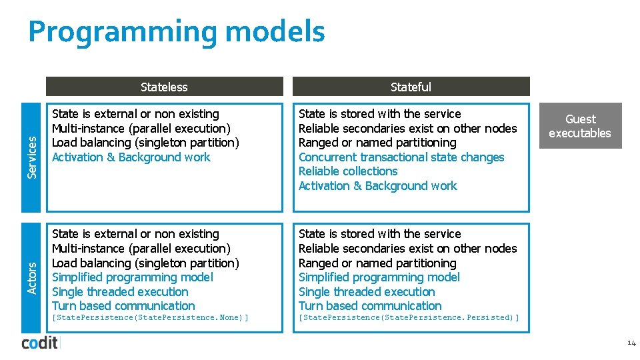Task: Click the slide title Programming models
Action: pos(177,32)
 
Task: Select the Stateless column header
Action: pos(164,87)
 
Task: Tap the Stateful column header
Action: pos(411,87)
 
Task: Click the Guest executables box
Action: pos(580,126)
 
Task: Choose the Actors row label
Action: pos(31,277)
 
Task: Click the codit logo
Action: pos(40,343)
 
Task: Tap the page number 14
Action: pos(631,343)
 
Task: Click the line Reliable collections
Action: pos(348,171)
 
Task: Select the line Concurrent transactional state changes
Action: pos(401,157)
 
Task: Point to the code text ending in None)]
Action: pos(150,318)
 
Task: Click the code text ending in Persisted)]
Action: pos(409,318)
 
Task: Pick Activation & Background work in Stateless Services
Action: pos(131,157)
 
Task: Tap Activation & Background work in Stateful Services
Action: pos(378,186)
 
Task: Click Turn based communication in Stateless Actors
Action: pos(123,306)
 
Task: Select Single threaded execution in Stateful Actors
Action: pos(367,292)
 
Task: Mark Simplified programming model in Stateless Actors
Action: pos(133,277)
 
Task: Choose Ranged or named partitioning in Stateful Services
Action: pos(377,143)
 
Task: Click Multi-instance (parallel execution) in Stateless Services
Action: pos(141,129)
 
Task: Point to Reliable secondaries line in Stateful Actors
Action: pos(407,249)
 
